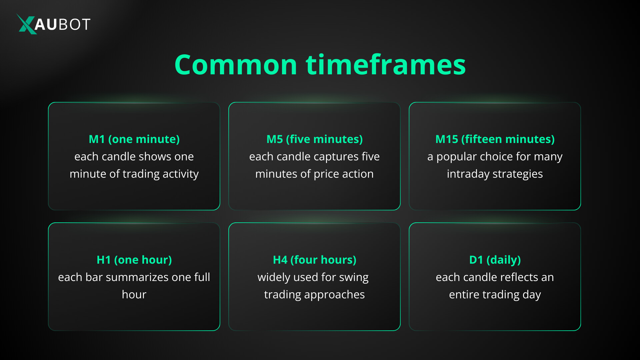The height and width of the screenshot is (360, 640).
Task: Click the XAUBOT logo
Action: coord(53,24)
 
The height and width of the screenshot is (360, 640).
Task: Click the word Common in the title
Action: coord(235,65)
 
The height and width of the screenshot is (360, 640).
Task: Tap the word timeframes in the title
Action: coord(386,65)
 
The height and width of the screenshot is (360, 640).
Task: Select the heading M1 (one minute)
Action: coord(134,139)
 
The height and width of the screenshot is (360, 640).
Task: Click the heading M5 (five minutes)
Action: coord(314,139)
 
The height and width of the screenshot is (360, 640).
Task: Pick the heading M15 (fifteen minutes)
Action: coord(495,139)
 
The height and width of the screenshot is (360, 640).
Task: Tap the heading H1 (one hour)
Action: coord(134,260)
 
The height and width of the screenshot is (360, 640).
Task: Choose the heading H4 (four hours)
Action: coord(314,260)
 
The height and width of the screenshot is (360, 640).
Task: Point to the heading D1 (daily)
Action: coord(495,260)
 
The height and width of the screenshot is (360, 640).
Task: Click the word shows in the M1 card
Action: coord(152,157)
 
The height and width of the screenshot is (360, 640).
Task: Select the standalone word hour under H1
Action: coord(134,295)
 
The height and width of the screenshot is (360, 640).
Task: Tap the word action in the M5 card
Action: coord(359,174)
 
